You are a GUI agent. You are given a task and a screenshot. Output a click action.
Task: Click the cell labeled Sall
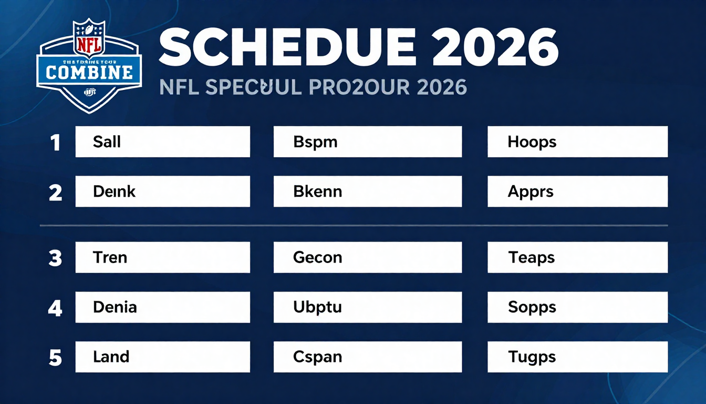click(x=162, y=142)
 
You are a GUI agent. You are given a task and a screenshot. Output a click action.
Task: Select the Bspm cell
click(x=367, y=142)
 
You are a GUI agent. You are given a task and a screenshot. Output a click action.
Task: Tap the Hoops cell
click(x=577, y=142)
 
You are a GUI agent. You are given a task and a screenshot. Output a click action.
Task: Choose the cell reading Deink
click(x=162, y=191)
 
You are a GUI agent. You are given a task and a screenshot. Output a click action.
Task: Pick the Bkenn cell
click(x=367, y=191)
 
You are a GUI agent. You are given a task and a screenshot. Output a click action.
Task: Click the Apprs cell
click(x=577, y=191)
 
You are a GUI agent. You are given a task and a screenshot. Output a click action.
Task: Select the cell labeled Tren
click(x=162, y=257)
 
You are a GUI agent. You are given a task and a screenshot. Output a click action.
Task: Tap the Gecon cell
click(x=367, y=257)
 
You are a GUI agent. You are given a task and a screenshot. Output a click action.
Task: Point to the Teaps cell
click(x=577, y=257)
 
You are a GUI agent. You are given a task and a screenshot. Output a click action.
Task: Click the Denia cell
click(x=162, y=307)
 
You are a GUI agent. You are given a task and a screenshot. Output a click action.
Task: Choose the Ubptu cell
click(x=367, y=307)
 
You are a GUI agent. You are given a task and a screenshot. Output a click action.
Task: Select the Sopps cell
click(x=577, y=307)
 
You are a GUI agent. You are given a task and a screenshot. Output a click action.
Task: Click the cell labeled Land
click(x=162, y=357)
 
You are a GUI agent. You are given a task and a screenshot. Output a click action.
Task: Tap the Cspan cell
click(x=367, y=357)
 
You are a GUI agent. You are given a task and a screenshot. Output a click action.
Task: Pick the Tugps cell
click(x=577, y=357)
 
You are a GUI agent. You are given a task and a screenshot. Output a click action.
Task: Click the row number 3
click(x=55, y=258)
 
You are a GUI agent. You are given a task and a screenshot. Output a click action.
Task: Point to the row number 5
click(x=55, y=358)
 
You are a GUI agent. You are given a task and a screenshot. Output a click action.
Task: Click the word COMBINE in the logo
click(x=89, y=72)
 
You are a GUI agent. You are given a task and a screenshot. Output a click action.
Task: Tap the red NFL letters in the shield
click(x=89, y=43)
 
